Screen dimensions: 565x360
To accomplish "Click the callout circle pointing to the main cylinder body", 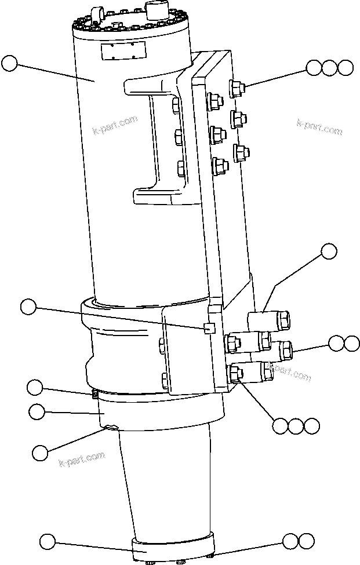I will click(x=10, y=63).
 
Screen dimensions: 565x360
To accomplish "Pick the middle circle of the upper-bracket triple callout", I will click(x=330, y=68).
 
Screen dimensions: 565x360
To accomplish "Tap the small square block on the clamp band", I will click(x=209, y=329).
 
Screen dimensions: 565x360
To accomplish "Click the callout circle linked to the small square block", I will click(x=28, y=307).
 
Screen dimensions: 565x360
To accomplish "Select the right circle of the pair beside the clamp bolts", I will click(x=351, y=343).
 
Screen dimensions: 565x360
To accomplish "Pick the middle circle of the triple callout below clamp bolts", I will click(x=296, y=426).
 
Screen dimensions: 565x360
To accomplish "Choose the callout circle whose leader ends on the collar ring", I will click(x=37, y=412).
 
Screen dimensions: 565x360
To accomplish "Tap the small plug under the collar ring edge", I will click(x=110, y=428).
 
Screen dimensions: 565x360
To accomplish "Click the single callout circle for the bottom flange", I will click(x=48, y=542).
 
